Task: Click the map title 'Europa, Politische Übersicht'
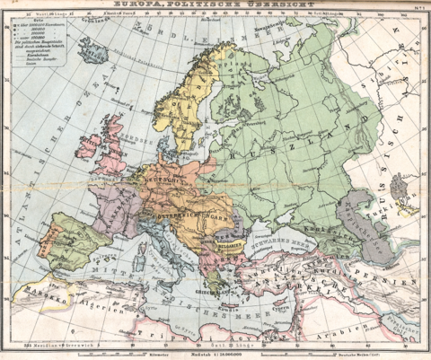point(216,5)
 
